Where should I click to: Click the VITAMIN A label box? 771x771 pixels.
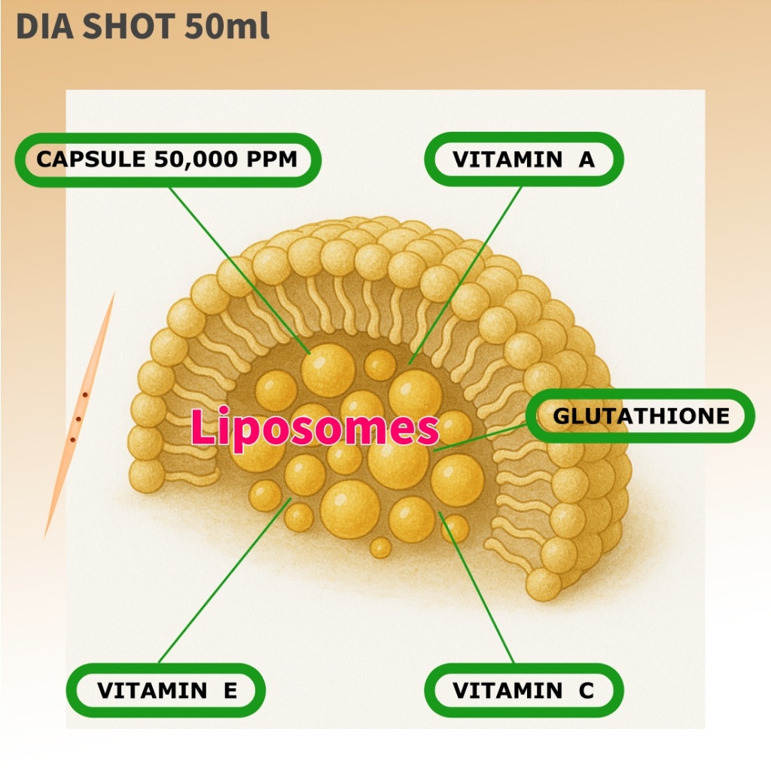pyautogui.click(x=524, y=160)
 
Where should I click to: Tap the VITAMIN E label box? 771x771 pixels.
pyautogui.click(x=166, y=690)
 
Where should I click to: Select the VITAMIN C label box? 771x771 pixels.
pyautogui.click(x=524, y=690)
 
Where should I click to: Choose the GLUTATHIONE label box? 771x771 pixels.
pyautogui.click(x=641, y=416)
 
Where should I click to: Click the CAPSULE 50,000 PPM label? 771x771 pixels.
pyautogui.click(x=167, y=160)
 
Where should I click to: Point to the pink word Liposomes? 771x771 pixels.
pyautogui.click(x=314, y=428)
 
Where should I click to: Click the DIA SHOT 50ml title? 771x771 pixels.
pyautogui.click(x=142, y=27)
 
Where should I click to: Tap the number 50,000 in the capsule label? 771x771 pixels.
pyautogui.click(x=188, y=160)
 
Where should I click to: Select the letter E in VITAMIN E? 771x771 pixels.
pyautogui.click(x=230, y=690)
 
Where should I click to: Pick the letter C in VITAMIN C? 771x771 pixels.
pyautogui.click(x=586, y=690)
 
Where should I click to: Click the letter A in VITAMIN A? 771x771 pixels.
pyautogui.click(x=586, y=160)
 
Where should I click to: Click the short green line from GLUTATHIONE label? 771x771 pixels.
pyautogui.click(x=482, y=437)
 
